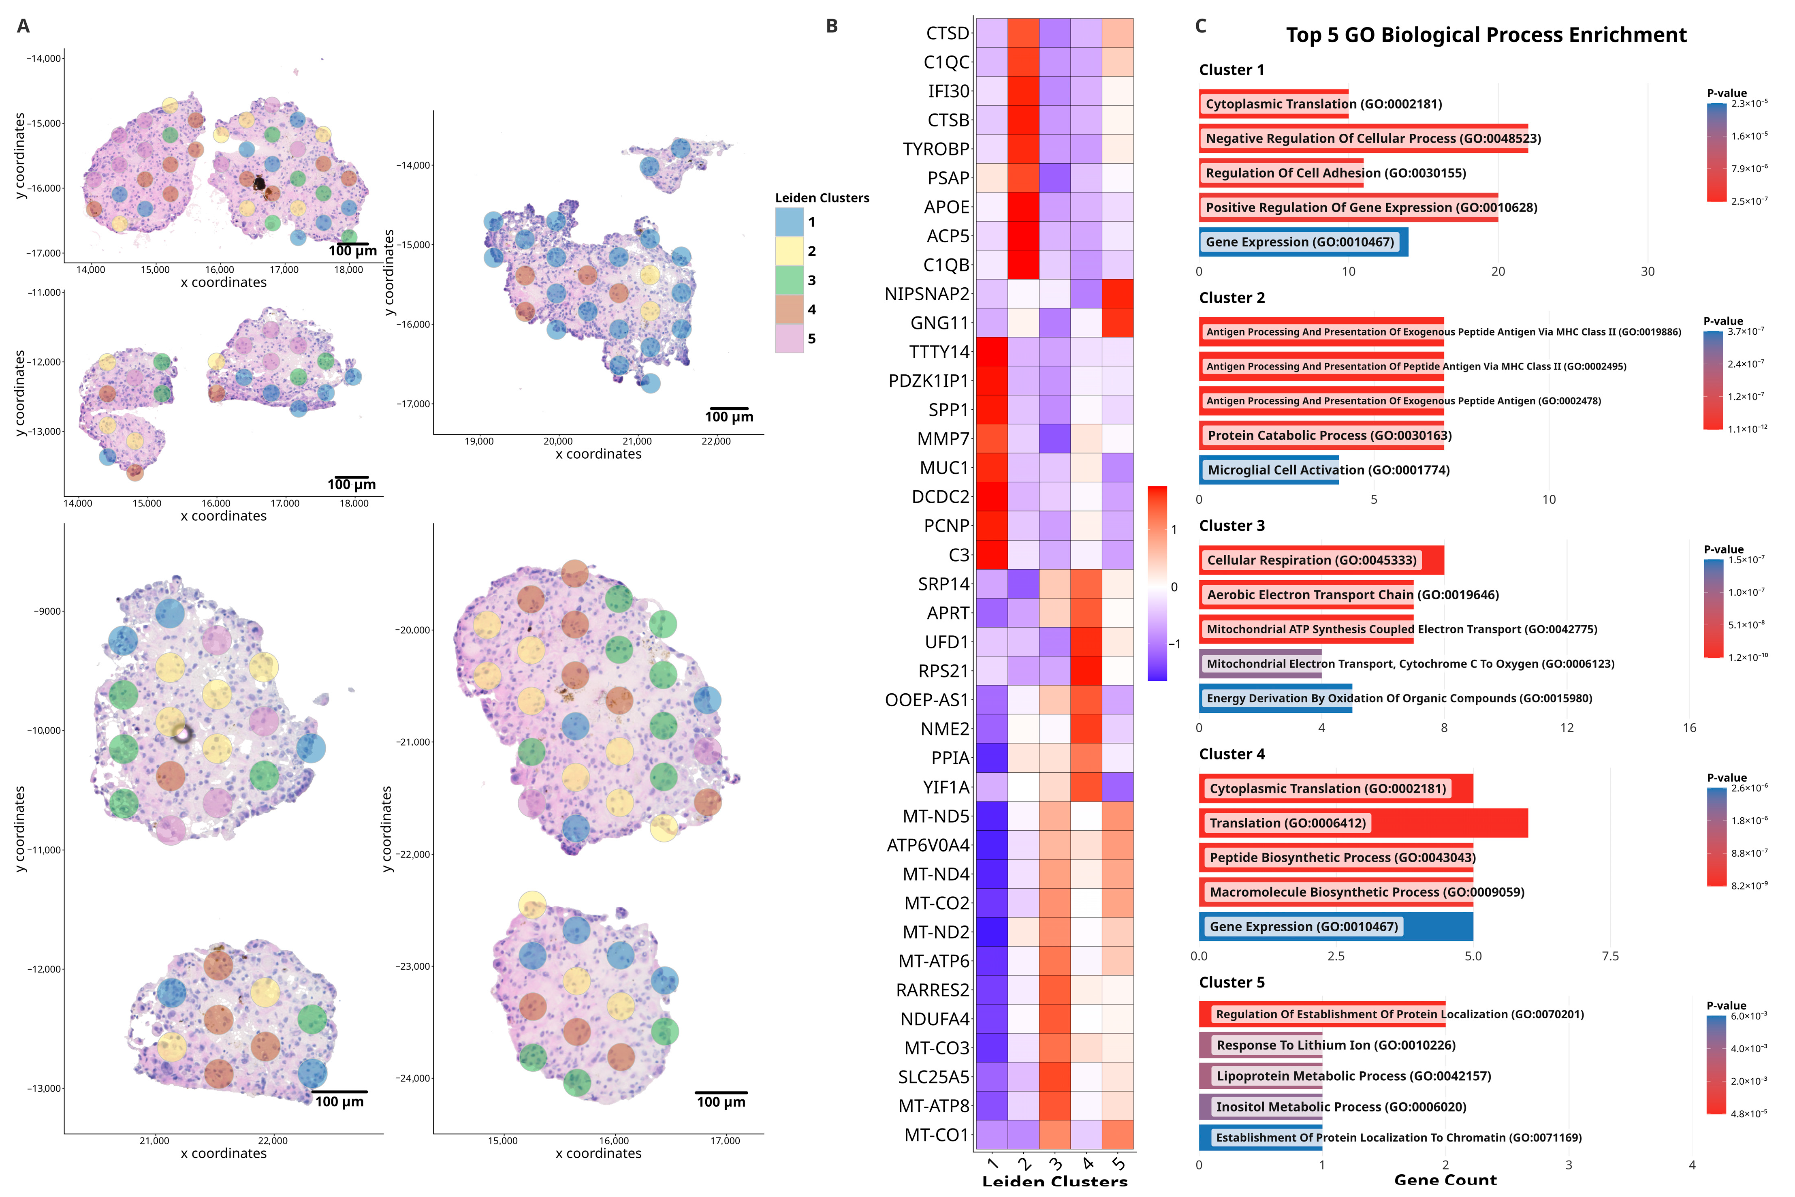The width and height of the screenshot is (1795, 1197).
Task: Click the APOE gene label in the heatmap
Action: pos(946,207)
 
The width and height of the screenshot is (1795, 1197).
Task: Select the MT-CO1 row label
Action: pos(937,1135)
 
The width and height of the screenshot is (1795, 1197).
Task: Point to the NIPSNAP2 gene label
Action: pos(926,294)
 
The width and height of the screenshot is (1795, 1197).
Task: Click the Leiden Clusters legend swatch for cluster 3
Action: pos(789,280)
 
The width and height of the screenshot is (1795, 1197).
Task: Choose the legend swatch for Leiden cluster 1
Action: pos(789,222)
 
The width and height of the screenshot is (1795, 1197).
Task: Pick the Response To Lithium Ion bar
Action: pos(1260,1045)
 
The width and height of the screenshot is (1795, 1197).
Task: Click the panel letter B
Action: pos(832,26)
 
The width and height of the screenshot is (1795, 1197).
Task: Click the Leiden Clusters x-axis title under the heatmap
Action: pos(1054,1182)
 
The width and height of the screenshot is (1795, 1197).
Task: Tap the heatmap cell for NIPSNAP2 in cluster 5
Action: pos(1117,294)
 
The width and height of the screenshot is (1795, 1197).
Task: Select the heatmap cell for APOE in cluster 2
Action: pos(1022,207)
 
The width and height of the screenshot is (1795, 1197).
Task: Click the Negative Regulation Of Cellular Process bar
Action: pos(1363,138)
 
